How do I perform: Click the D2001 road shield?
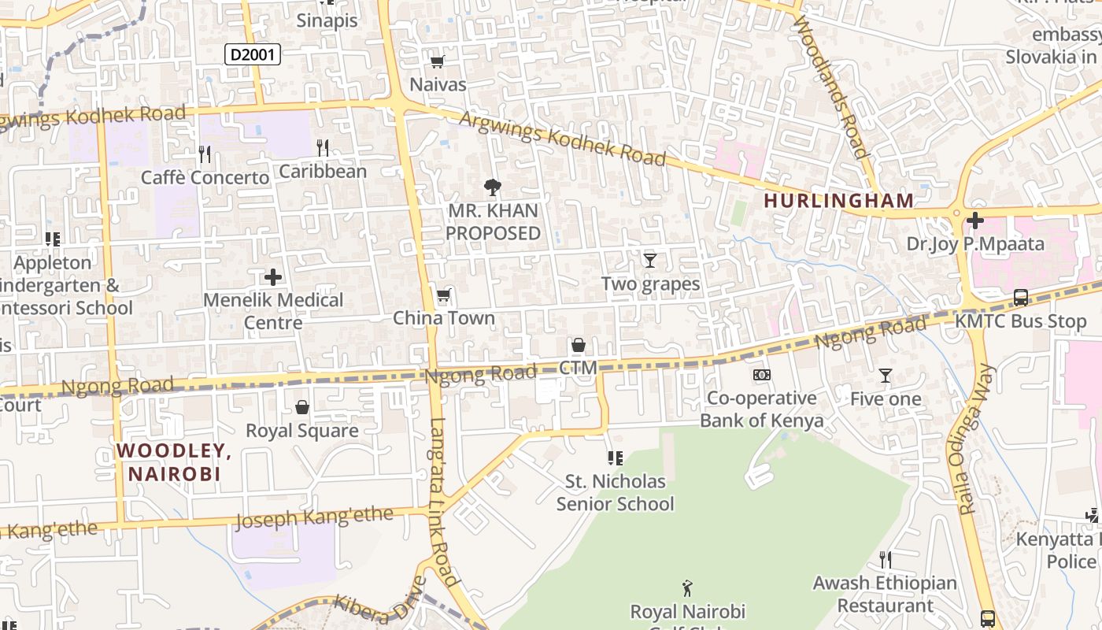tap(253, 54)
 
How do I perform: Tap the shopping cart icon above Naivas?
tap(438, 61)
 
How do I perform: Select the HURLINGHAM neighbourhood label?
tap(838, 201)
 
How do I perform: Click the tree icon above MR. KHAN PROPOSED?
tap(493, 187)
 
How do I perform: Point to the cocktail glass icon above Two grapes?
tap(650, 260)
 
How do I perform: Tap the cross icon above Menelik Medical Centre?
tap(273, 277)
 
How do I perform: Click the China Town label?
tap(444, 318)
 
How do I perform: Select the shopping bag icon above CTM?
tap(579, 345)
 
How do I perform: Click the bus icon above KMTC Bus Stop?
tap(1021, 298)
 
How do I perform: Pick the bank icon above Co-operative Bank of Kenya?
tap(762, 375)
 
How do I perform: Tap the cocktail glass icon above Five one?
tap(886, 376)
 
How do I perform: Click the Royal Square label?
tap(302, 431)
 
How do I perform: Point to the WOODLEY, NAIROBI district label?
tap(174, 462)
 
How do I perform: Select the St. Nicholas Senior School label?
tap(616, 492)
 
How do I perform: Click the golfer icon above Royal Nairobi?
tap(687, 587)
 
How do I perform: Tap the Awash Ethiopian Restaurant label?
tap(885, 595)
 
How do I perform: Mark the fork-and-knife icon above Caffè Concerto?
tap(205, 154)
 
